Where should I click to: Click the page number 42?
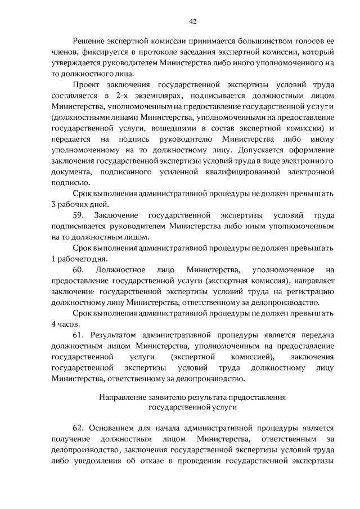point(192,21)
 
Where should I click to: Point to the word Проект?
point(88,84)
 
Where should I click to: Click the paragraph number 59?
point(79,215)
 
